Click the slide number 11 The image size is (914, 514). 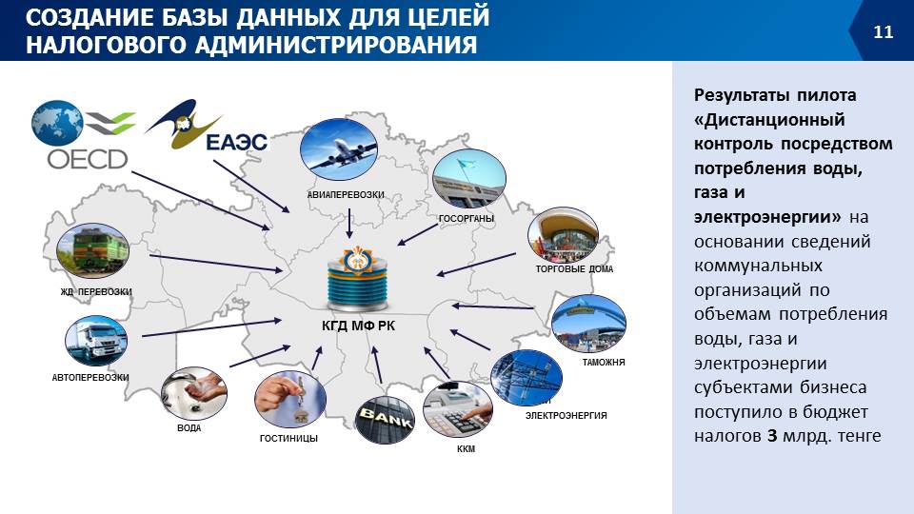click(x=884, y=31)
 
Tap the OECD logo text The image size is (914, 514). click(x=88, y=159)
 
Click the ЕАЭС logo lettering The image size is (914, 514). click(x=237, y=142)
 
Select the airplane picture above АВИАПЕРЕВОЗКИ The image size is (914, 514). click(x=339, y=148)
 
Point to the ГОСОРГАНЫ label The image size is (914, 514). click(x=467, y=219)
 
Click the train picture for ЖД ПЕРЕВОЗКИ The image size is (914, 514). click(x=92, y=250)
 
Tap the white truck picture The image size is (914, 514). click(x=96, y=341)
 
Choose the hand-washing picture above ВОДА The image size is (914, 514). click(x=194, y=393)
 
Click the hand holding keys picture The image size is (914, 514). click(x=290, y=400)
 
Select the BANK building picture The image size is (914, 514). click(x=385, y=420)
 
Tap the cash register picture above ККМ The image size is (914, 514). click(x=458, y=409)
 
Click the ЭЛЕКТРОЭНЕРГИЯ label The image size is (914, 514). click(x=566, y=416)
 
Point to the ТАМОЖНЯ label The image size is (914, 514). click(x=604, y=362)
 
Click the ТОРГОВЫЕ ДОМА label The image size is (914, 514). click(x=574, y=269)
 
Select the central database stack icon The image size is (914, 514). click(x=358, y=279)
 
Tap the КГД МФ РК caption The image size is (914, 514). click(x=358, y=326)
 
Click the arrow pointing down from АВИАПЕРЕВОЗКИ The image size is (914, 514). click(x=349, y=223)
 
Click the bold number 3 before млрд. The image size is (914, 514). click(x=772, y=435)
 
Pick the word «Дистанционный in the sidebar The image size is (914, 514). click(x=769, y=120)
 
